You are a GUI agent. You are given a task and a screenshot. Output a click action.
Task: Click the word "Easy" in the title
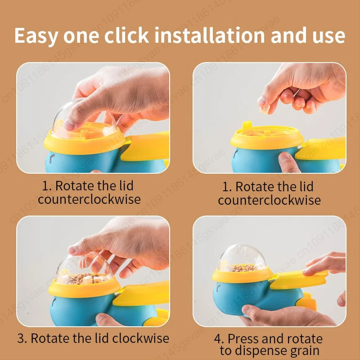point(36,36)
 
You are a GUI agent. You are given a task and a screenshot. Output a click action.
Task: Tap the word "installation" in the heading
point(210,35)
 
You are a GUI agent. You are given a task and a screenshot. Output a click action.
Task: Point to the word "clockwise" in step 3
point(140,338)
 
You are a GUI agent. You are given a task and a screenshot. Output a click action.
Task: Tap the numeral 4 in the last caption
point(217,339)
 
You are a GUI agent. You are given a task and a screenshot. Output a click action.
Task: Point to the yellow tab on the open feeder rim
point(247,126)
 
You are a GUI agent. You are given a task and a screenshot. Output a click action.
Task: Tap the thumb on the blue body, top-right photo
point(288,162)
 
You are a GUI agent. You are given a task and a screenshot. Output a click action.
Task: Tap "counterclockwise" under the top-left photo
point(89,199)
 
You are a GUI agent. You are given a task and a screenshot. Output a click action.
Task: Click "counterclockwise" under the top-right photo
point(269,200)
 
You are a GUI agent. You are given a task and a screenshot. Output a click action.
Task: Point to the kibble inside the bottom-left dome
point(84,279)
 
